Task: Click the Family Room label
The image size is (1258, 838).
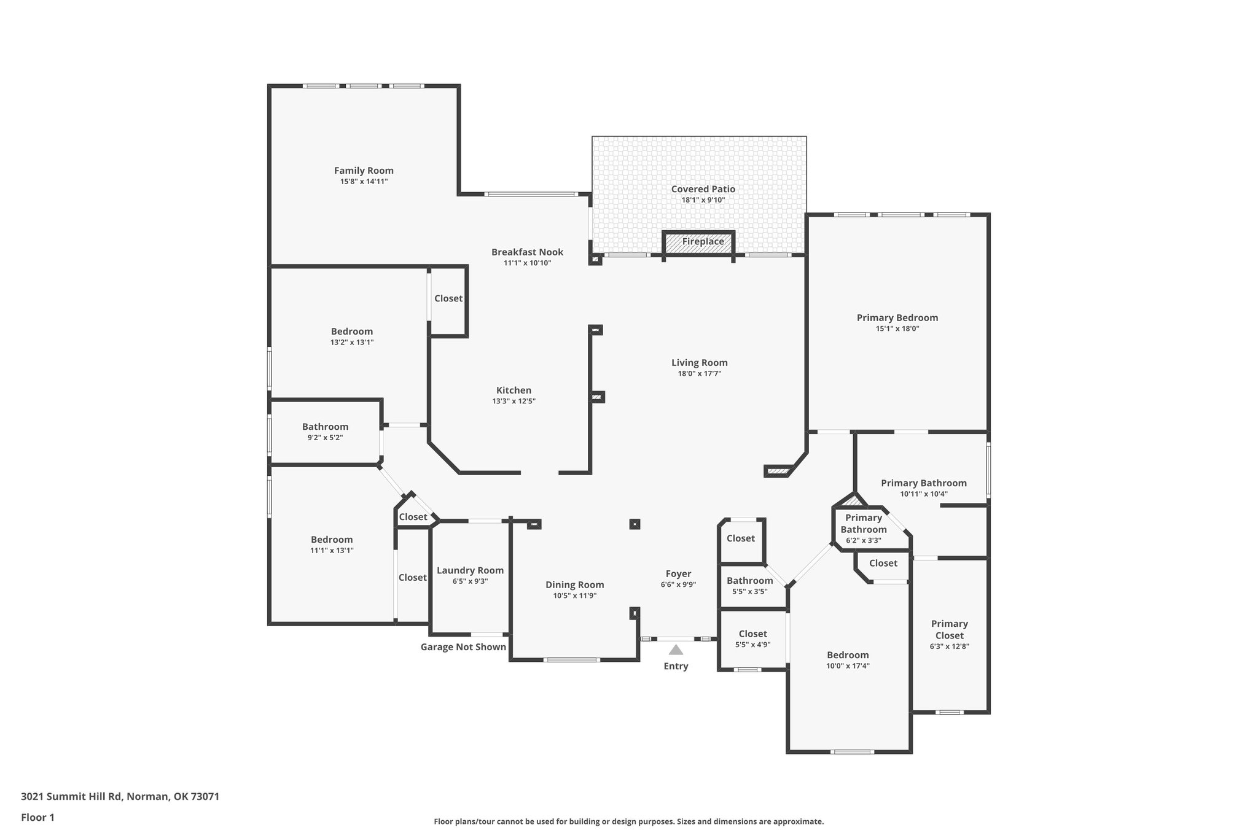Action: click(364, 171)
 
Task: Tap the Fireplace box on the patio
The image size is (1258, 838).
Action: click(699, 242)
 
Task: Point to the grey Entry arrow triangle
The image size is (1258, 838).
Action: click(676, 650)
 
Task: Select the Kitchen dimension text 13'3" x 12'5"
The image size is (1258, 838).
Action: click(514, 402)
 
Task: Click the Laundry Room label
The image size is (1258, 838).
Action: click(470, 570)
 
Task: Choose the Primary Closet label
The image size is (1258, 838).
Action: click(949, 629)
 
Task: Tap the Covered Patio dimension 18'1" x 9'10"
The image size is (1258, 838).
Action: click(703, 200)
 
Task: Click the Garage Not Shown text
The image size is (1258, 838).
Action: click(463, 647)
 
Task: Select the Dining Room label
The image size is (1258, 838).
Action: click(574, 585)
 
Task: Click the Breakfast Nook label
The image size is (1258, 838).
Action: click(527, 252)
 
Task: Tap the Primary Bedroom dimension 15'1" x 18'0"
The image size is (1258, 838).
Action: click(897, 329)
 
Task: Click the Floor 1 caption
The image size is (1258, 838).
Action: click(37, 817)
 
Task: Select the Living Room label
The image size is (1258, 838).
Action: click(699, 363)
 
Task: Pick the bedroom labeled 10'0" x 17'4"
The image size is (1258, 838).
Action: click(848, 655)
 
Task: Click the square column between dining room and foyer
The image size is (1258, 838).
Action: click(635, 524)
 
